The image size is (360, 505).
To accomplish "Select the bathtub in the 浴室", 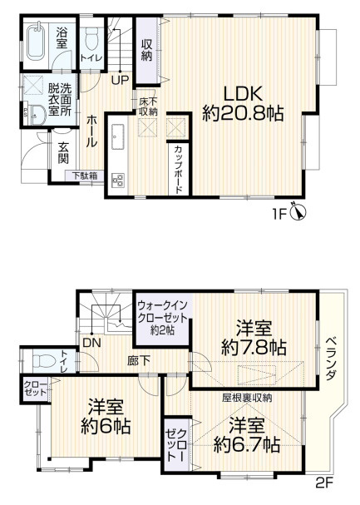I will (36, 42).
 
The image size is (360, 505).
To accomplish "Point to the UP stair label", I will (120, 81).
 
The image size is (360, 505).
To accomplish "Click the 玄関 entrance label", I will (63, 154).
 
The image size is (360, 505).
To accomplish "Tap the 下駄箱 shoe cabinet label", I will (83, 176).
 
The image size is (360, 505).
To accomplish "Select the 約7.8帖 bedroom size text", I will (254, 347).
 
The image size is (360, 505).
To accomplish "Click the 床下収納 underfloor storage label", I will (148, 106).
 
